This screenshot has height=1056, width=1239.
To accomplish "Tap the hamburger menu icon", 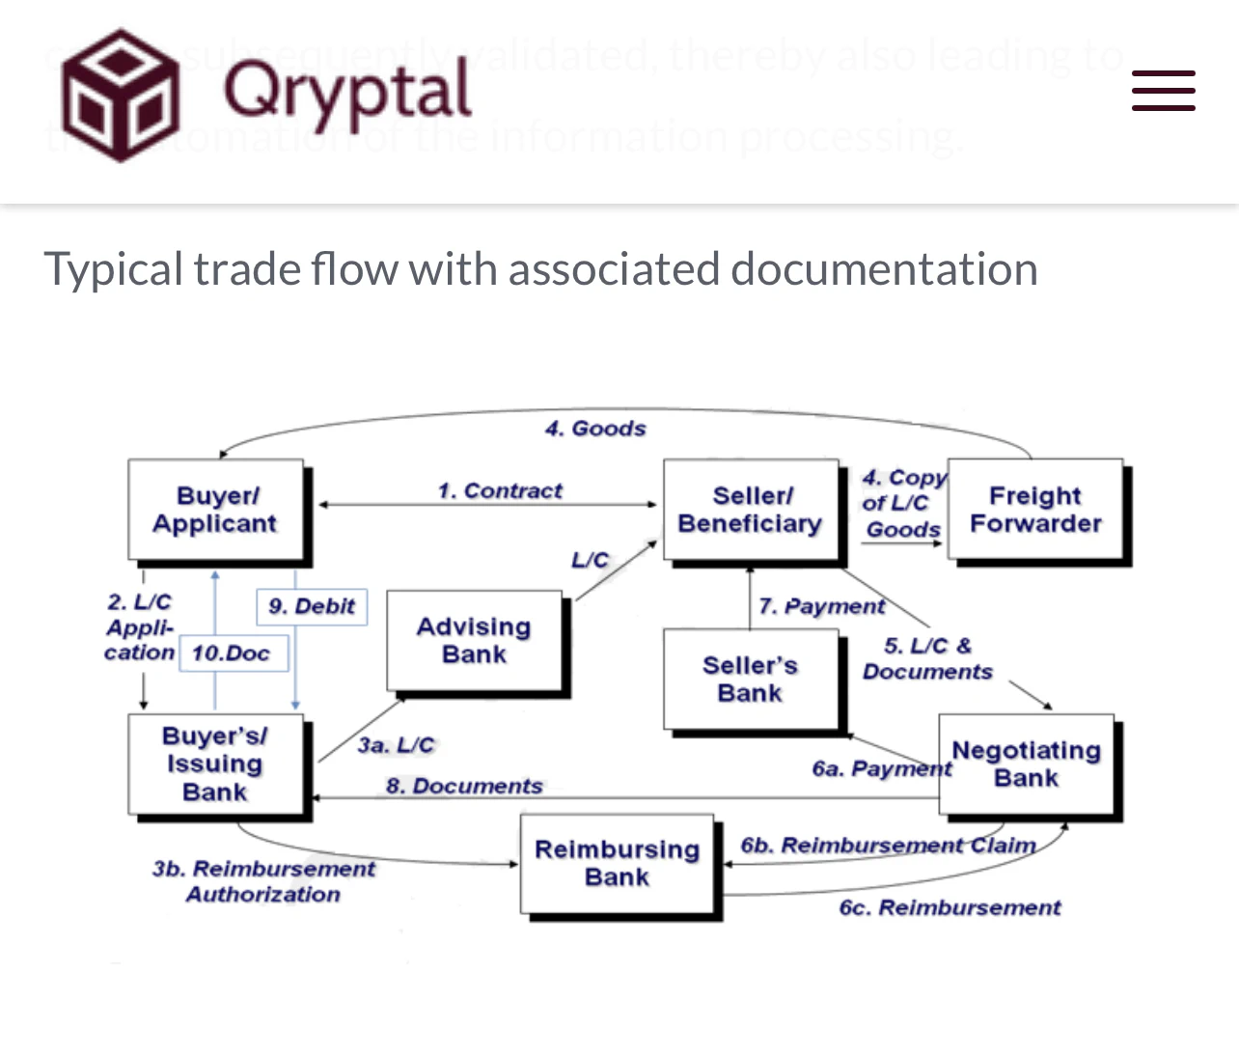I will [1163, 91].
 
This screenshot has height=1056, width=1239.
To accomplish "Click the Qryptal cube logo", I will [121, 95].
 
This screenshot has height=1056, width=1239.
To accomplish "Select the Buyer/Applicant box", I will [215, 510].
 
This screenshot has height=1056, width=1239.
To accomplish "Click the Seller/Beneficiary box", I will [750, 510].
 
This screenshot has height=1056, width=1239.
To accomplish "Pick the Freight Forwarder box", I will [1034, 510].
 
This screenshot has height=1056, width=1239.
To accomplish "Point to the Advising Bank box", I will [474, 641].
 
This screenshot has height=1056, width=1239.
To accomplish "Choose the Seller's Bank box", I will [750, 679].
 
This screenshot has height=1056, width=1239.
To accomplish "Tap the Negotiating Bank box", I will [1026, 764].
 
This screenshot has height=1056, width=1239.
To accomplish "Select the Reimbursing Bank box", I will [618, 863].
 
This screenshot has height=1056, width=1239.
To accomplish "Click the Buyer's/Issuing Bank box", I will [215, 764].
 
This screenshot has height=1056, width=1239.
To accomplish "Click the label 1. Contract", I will [500, 490].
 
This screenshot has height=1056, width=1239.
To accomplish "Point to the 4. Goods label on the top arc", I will [595, 428].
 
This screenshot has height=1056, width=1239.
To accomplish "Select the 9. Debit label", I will [312, 606].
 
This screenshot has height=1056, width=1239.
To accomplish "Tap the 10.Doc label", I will [232, 653].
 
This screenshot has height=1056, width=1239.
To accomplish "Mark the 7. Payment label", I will [822, 606].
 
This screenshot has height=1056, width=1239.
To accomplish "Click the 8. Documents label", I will [464, 786].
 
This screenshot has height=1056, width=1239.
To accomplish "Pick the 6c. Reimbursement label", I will [950, 907].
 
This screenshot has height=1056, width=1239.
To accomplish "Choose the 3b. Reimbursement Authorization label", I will [263, 881].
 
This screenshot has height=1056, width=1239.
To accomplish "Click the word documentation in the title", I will [883, 268].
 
